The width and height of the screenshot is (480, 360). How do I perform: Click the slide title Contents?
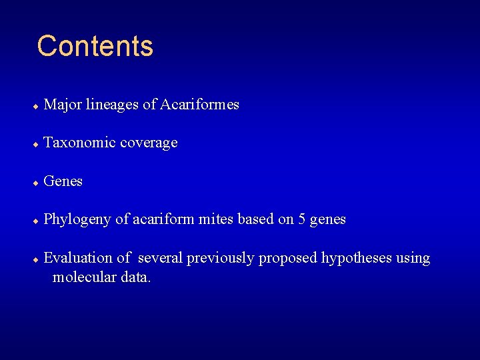tap(95, 47)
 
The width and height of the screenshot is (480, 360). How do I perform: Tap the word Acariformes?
tap(199, 105)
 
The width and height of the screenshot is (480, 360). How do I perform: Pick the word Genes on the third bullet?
tap(63, 181)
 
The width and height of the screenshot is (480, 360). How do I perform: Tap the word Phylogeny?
tap(77, 219)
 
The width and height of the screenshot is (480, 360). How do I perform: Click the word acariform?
tap(164, 219)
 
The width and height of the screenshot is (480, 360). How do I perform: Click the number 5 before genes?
tap(303, 219)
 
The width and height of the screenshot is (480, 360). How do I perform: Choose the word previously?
tap(220, 258)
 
